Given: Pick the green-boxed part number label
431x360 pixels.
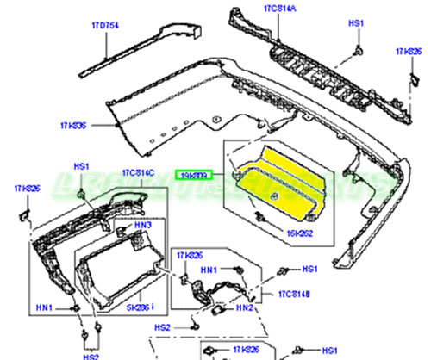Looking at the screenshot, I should pyautogui.click(x=192, y=175).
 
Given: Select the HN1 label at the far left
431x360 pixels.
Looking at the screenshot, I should pyautogui.click(x=43, y=307).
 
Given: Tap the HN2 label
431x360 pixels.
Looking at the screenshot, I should pyautogui.click(x=246, y=307).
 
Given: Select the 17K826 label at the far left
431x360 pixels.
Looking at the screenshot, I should pyautogui.click(x=26, y=189).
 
